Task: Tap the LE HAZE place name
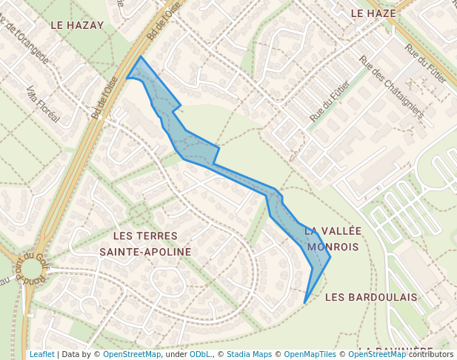pos(373,13)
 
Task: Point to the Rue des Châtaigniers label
pos(391,87)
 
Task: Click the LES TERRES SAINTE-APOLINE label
pos(145,244)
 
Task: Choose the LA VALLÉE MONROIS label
pos(333,239)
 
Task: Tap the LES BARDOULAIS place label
pos(371,297)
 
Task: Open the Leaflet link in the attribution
pos(41,354)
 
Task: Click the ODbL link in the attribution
pos(200,354)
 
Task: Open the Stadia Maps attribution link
pos(249,354)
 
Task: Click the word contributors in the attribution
pos(430,354)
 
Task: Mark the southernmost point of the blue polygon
pos(304,303)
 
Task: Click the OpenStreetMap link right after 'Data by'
pos(131,354)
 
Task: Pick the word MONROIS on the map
pos(333,247)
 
